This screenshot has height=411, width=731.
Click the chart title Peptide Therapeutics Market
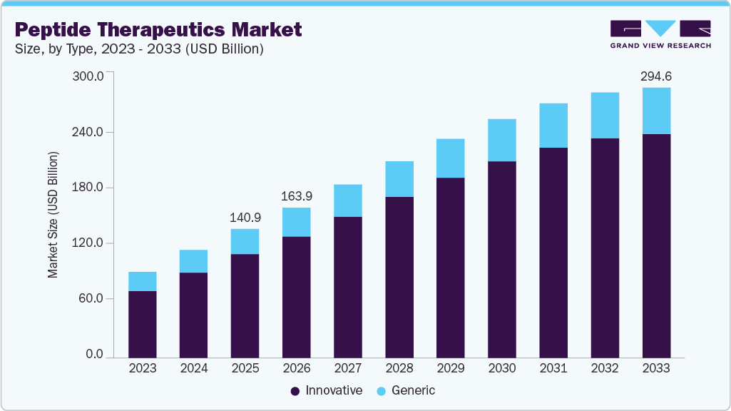(158, 29)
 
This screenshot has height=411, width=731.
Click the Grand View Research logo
(660, 34)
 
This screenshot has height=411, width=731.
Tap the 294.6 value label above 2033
(656, 76)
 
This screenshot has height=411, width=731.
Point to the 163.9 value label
(296, 196)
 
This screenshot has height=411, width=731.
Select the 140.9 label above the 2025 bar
(245, 218)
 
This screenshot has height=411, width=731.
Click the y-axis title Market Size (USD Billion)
(53, 215)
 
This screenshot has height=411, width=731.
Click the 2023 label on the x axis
(142, 368)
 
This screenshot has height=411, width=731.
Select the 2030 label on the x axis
(502, 368)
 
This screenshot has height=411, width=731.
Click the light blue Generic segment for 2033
(656, 111)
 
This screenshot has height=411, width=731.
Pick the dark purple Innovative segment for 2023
(142, 324)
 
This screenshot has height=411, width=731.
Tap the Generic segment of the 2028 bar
(399, 178)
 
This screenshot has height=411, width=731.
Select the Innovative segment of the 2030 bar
(502, 259)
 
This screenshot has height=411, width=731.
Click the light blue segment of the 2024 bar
(193, 261)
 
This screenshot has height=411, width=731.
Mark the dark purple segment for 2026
(296, 296)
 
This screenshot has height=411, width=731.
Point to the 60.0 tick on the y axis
(91, 298)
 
